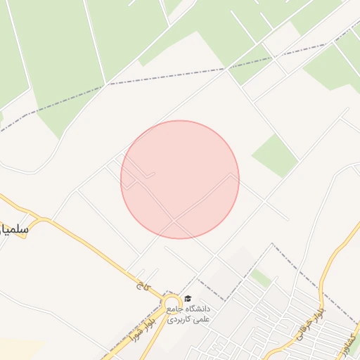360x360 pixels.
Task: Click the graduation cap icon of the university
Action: (x=187, y=299)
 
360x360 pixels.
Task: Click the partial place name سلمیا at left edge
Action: (x=14, y=229)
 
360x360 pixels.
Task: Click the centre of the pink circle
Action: (x=180, y=179)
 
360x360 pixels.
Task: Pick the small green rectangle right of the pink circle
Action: (x=275, y=155)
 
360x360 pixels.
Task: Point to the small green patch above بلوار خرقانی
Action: (x=260, y=278)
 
